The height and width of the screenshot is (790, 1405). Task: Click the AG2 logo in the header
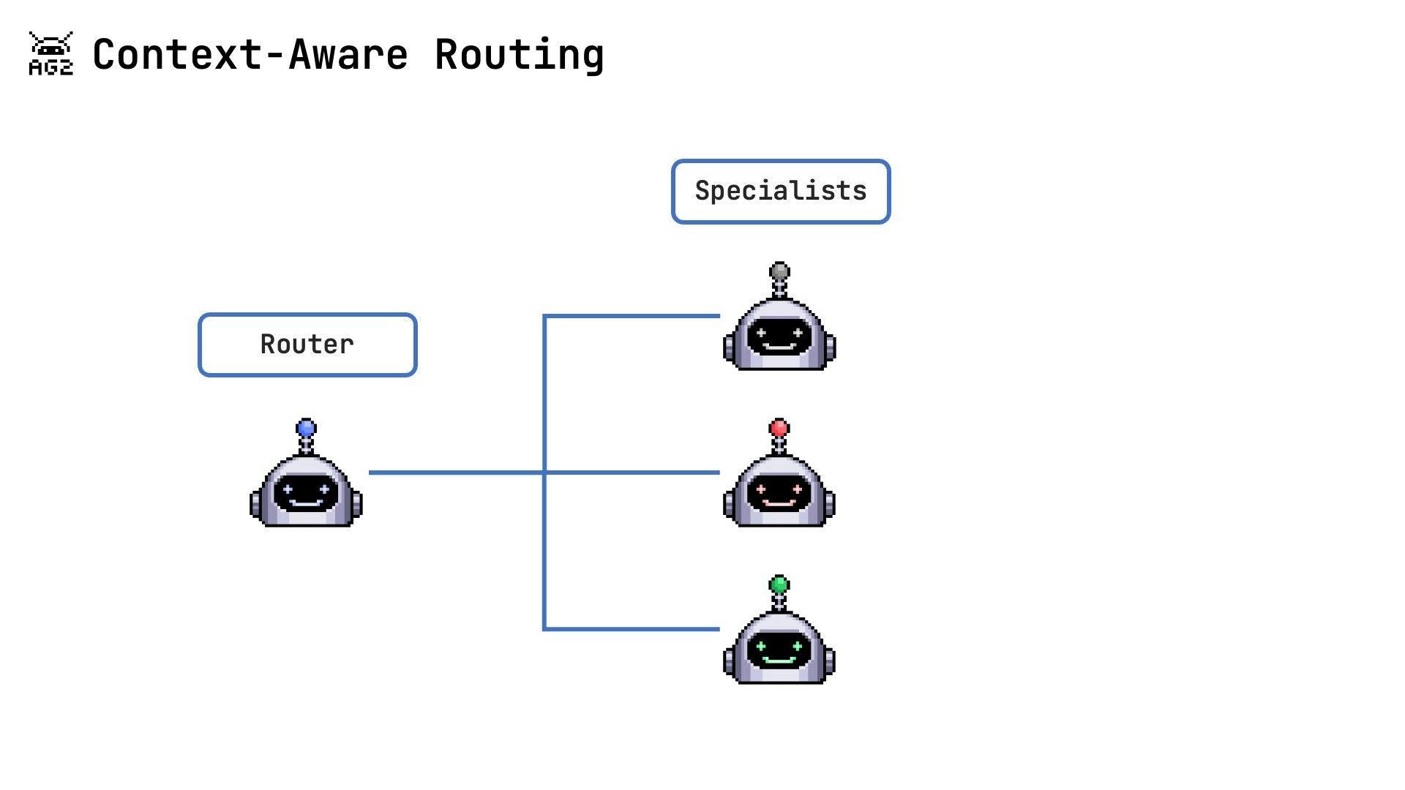50,53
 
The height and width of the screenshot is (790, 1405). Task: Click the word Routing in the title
519,55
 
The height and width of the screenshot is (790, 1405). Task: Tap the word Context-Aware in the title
250,55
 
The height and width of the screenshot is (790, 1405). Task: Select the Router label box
307,345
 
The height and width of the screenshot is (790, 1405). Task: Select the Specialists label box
780,191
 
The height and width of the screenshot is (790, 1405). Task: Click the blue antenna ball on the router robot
306,428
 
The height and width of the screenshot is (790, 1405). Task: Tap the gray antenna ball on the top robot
779,271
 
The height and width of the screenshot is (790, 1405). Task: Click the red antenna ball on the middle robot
779,428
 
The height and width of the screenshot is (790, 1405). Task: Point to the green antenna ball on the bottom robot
779,584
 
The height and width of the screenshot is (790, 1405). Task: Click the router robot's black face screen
306,492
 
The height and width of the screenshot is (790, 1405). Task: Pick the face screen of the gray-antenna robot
779,336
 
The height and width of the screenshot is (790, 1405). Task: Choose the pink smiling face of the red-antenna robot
779,492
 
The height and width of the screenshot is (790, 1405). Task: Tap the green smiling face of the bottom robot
779,650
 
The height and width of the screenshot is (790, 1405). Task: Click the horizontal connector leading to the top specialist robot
633,316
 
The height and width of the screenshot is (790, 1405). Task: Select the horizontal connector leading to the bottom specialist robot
633,628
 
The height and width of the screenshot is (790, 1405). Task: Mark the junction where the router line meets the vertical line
544,473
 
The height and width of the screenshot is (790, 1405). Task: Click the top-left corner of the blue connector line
544,316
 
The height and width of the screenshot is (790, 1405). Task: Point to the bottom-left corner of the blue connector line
544,628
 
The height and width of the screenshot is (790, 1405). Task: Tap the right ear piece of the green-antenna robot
830,662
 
